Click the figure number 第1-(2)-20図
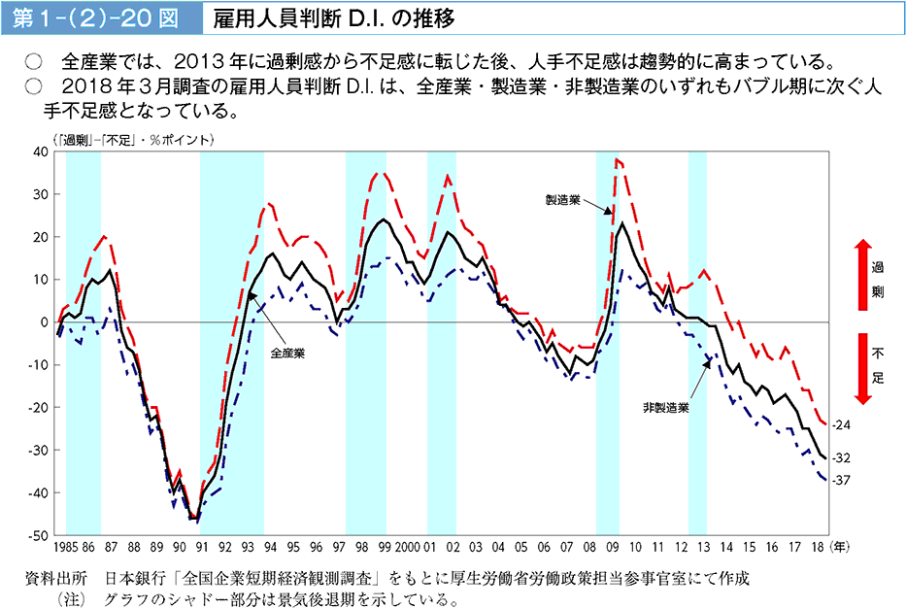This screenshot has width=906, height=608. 95,18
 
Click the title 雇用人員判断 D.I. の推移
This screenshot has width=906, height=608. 335,18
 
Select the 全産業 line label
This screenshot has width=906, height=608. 287,353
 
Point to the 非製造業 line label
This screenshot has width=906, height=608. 665,408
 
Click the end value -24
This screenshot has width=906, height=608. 841,425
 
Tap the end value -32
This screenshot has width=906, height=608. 841,458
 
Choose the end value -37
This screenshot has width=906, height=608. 841,480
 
